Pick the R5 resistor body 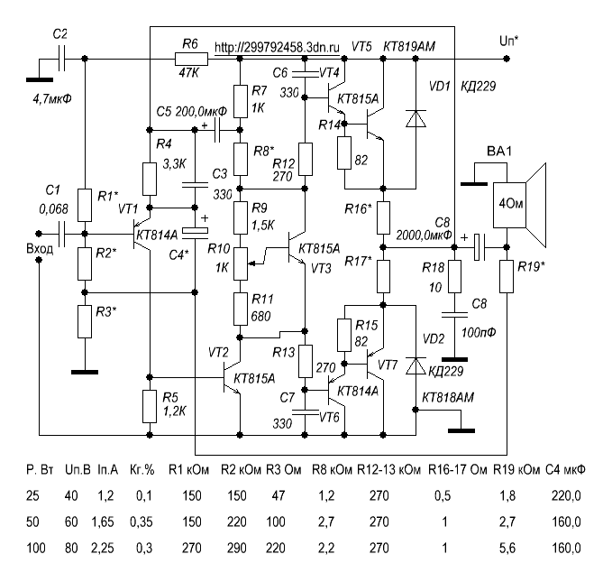click(x=150, y=406)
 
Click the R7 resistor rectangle click(x=239, y=99)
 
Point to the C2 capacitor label click(x=60, y=32)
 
